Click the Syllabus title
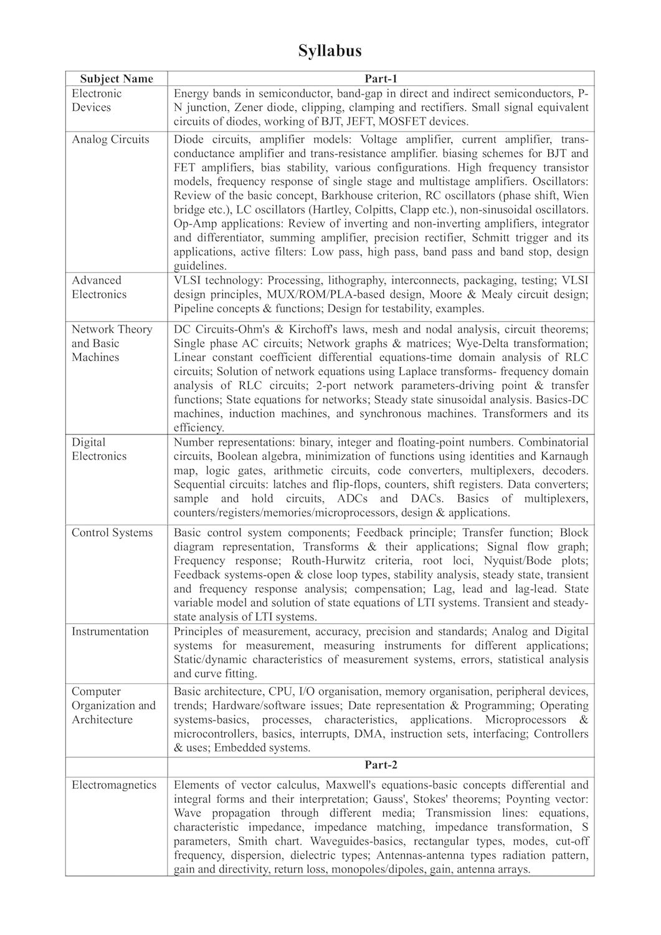[330, 50]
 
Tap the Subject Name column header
[117, 79]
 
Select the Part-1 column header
[381, 79]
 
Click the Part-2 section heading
[381, 765]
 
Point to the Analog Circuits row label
[110, 139]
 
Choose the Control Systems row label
[112, 532]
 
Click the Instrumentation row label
[110, 631]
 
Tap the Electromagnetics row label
[114, 785]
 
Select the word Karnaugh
[565, 456]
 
